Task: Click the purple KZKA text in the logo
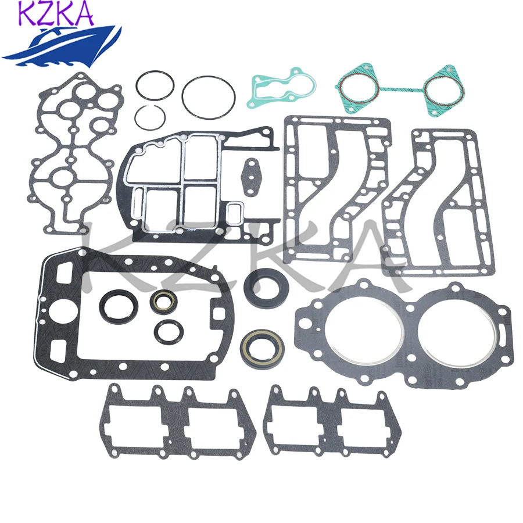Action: pos(56,14)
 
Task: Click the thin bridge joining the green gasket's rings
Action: pos(401,90)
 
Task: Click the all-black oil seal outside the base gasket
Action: pos(263,285)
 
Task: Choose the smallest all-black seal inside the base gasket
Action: pos(169,330)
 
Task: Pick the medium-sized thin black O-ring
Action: pos(155,85)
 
